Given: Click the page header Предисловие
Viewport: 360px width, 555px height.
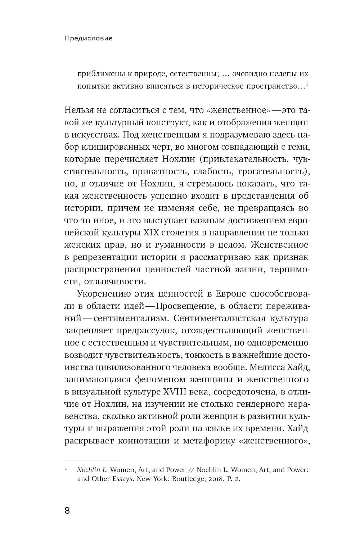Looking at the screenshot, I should pos(88,38).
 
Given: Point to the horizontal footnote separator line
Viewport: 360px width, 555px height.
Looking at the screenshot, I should pos(91,460).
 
